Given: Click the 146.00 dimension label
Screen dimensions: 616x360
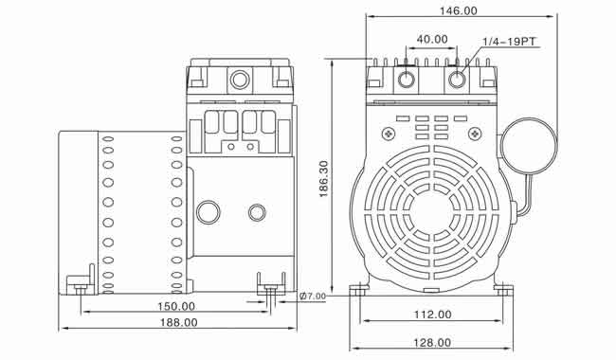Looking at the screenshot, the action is point(458,10).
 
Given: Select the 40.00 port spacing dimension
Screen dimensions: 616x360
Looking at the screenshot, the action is point(432,39).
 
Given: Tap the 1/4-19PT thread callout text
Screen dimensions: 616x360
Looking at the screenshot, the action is point(509,42).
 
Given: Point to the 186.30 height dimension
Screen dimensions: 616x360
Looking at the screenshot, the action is point(323,179).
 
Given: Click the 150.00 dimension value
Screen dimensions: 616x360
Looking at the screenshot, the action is point(176,306).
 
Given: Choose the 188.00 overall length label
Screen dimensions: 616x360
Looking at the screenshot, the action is point(179,322).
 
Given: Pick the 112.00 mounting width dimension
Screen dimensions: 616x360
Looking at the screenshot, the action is point(432,315).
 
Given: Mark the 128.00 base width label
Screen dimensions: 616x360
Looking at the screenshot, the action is point(432,343).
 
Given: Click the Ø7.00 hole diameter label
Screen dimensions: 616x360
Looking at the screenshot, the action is point(313,296).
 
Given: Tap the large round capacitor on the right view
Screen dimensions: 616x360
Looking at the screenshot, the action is point(530,146).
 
